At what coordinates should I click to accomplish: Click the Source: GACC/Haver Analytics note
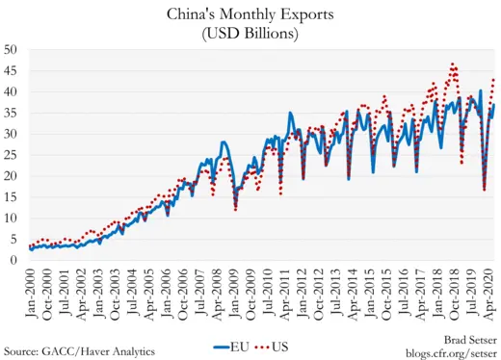(x=79, y=350)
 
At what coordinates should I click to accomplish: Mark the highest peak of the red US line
(x=453, y=64)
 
